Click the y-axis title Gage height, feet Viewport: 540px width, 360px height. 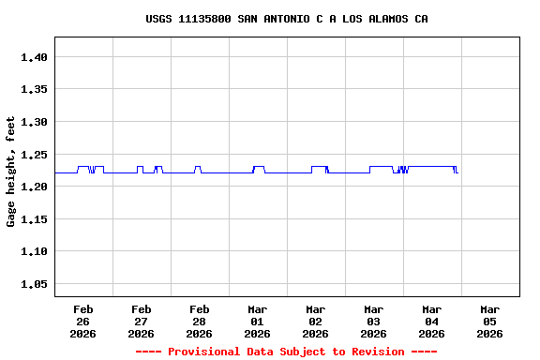(11, 172)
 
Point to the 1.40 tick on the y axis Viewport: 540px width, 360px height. (34, 57)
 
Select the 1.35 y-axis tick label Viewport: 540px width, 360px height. (34, 90)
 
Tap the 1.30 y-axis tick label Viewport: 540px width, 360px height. (34, 122)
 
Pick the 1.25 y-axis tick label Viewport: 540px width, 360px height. (34, 155)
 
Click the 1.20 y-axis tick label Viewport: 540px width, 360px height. (34, 187)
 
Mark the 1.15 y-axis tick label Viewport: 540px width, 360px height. (34, 219)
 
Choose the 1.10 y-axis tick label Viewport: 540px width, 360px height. (34, 251)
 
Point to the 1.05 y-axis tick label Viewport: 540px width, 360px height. (34, 284)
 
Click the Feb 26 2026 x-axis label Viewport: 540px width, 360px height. (83, 321)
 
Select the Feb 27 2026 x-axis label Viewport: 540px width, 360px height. (142, 321)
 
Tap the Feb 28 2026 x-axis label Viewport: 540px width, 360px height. (200, 321)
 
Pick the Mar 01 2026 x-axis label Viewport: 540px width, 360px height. (258, 321)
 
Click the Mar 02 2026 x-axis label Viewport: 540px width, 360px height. (316, 321)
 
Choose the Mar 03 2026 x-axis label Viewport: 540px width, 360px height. (374, 321)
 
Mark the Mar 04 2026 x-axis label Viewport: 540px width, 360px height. (432, 321)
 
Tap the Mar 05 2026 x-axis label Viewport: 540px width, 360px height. (490, 321)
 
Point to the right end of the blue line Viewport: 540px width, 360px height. (457, 172)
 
